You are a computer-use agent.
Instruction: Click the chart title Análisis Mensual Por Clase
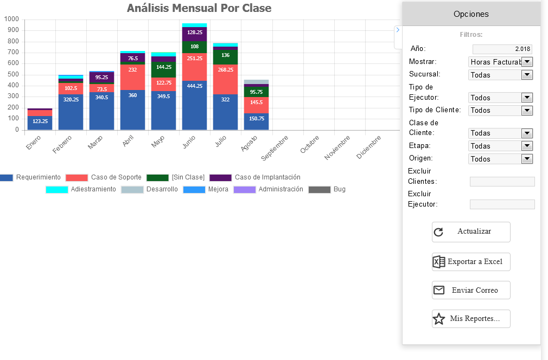[199, 8]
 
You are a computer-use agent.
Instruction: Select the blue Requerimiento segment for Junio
[195, 106]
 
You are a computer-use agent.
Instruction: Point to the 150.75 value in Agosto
[257, 118]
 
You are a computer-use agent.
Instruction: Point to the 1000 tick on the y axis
[12, 19]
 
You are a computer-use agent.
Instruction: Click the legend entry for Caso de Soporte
[104, 177]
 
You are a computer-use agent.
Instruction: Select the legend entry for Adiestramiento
[81, 189]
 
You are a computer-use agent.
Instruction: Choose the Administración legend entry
[268, 189]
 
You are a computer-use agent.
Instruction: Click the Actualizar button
[471, 232]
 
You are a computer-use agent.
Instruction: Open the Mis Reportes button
[471, 318]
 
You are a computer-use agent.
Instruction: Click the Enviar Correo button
[471, 290]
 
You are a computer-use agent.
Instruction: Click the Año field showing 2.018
[502, 49]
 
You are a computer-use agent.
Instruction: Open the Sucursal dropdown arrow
[527, 75]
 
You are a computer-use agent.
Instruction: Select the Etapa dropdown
[500, 146]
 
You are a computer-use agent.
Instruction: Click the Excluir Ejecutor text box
[502, 204]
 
